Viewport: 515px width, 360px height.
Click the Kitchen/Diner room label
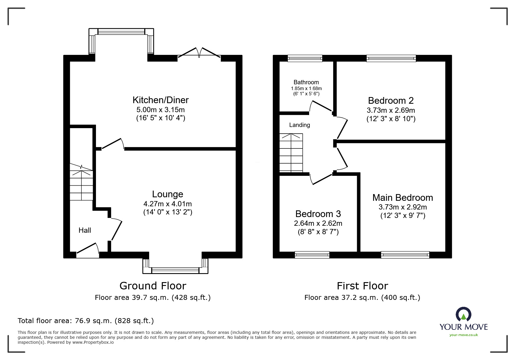click(161, 100)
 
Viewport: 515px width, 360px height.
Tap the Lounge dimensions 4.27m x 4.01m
click(167, 204)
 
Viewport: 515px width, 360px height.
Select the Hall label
click(85, 230)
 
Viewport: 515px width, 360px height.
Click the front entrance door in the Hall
click(88, 250)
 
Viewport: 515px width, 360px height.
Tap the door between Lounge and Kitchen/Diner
click(113, 144)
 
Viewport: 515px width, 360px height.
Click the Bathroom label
click(306, 82)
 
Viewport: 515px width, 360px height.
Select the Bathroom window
click(305, 58)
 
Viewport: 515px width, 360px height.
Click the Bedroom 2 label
click(391, 101)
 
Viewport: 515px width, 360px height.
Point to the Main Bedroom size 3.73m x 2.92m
click(402, 207)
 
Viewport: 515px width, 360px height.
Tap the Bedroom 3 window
click(312, 255)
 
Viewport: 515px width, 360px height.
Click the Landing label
click(299, 125)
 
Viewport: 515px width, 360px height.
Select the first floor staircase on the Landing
click(291, 153)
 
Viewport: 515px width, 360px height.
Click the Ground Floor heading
click(153, 286)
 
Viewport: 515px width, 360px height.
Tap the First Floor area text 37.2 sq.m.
click(362, 298)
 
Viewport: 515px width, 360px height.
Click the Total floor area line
click(86, 321)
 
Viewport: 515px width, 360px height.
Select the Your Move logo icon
click(463, 315)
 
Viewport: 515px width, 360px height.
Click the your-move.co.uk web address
click(464, 335)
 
